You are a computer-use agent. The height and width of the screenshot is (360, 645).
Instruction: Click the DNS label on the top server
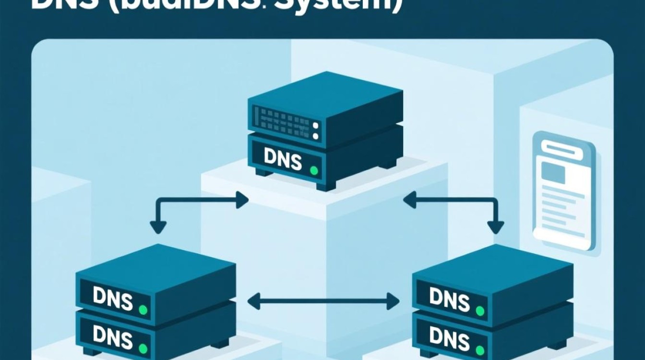point(283,159)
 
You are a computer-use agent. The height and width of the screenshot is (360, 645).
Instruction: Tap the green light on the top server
point(314,170)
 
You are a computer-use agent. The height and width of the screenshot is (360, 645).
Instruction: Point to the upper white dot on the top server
point(315,126)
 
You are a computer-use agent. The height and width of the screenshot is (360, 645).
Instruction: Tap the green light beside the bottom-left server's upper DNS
point(143,310)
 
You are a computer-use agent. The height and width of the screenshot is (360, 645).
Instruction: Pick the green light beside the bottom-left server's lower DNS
point(143,347)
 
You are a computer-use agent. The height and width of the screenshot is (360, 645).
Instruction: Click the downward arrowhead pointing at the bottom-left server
point(158,227)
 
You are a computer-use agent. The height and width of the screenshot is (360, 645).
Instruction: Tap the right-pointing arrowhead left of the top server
point(242,200)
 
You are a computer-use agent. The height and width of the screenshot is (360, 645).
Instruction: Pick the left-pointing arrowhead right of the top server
point(409,200)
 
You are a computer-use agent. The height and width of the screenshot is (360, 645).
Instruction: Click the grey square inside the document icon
point(553,172)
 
